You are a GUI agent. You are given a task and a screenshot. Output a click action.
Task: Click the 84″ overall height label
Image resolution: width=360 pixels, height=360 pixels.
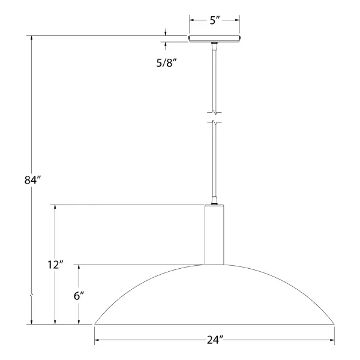[x=32, y=180]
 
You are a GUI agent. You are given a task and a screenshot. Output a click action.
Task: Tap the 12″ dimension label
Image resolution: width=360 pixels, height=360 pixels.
[x=55, y=265]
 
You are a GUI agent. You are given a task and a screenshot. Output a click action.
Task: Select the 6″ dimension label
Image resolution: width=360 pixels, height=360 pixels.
[x=79, y=296]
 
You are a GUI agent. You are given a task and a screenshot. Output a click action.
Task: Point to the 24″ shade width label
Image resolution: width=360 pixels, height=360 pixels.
[x=215, y=340]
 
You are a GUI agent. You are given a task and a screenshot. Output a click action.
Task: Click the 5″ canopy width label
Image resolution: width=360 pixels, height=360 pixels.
[x=215, y=20]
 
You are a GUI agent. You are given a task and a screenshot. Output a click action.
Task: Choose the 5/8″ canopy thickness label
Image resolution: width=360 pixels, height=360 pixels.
[x=167, y=62]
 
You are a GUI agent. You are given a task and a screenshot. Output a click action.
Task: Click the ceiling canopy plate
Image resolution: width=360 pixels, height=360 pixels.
[x=214, y=38]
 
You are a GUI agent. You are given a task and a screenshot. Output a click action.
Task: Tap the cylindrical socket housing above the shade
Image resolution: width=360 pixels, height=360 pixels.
[x=214, y=235]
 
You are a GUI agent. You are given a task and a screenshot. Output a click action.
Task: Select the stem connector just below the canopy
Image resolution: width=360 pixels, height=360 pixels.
[x=214, y=46]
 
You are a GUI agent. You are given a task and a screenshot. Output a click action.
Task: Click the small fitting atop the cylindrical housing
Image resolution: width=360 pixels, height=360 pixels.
[x=214, y=200]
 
